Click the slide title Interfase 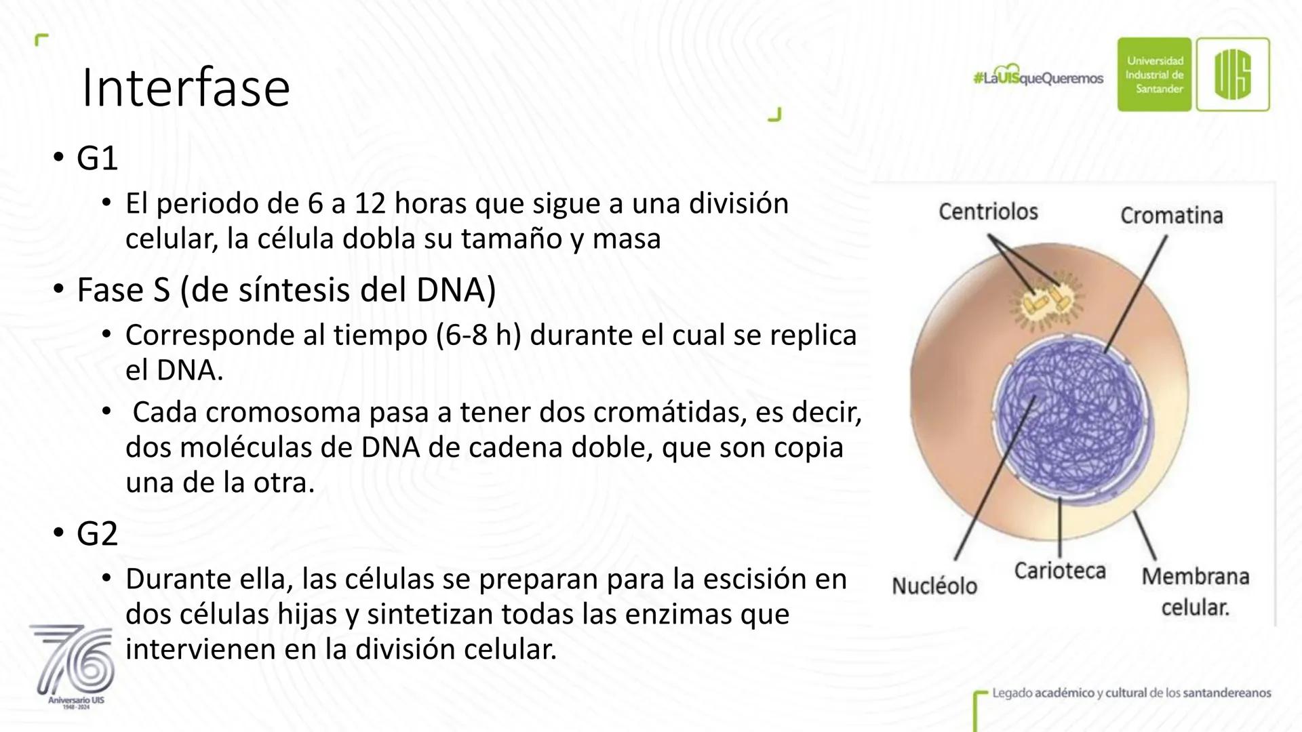(185, 87)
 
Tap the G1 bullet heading (97, 158)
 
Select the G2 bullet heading (97, 534)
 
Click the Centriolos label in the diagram (988, 211)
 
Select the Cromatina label (1171, 216)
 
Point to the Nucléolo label (934, 586)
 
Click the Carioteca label (1060, 571)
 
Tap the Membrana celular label (1196, 591)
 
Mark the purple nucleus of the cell (1072, 415)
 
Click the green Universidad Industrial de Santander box (1154, 75)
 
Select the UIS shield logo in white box (1233, 75)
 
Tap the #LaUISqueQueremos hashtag (1038, 79)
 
